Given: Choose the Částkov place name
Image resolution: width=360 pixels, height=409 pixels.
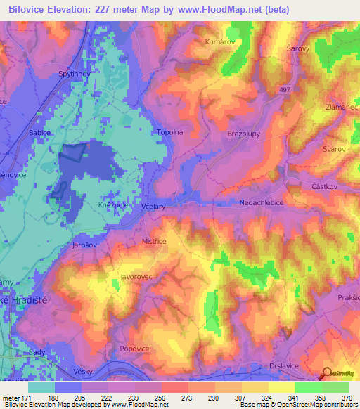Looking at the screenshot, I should [326, 186].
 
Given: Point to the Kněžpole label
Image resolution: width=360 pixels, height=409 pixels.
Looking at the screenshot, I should [113, 204].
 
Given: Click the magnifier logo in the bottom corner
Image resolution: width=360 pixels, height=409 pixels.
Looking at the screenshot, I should [327, 375].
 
